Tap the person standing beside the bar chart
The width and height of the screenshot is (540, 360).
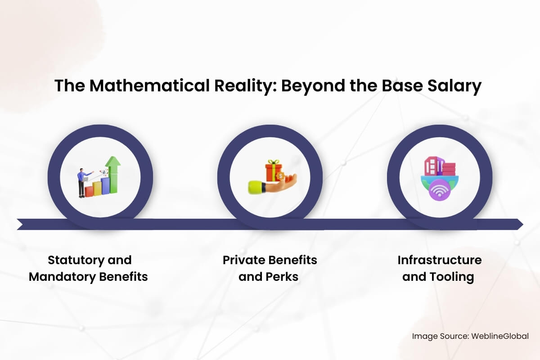81,182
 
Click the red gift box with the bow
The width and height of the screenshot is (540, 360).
273,170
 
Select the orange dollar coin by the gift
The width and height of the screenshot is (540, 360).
281,176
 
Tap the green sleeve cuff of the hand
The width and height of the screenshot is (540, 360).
254,187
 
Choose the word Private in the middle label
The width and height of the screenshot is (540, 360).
244,260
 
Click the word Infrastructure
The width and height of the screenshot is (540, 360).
440,260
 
